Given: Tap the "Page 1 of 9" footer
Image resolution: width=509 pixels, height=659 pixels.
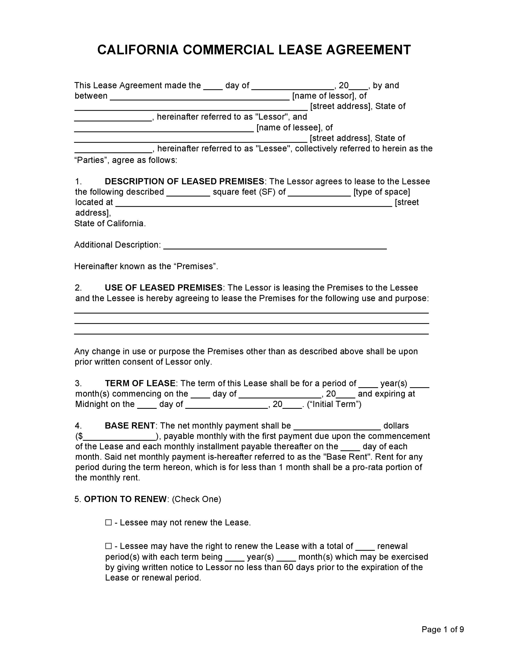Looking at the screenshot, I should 443,629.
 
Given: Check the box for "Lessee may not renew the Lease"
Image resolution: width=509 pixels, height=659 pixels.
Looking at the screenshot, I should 108,523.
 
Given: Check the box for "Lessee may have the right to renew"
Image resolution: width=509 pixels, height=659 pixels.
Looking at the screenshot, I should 108,546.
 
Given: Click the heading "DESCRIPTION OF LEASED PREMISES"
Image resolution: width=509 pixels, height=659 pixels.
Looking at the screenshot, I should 184,181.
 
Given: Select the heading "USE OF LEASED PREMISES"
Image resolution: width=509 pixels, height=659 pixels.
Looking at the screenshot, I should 163,288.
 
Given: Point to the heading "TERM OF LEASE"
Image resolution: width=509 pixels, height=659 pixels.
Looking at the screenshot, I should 140,383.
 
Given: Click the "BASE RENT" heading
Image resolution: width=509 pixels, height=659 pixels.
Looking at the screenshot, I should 130,426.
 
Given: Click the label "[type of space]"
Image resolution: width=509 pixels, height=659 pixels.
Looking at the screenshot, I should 382,192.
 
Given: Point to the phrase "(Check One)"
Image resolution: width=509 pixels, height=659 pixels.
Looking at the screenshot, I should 196,499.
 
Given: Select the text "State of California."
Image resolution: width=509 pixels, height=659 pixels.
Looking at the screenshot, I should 110,223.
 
